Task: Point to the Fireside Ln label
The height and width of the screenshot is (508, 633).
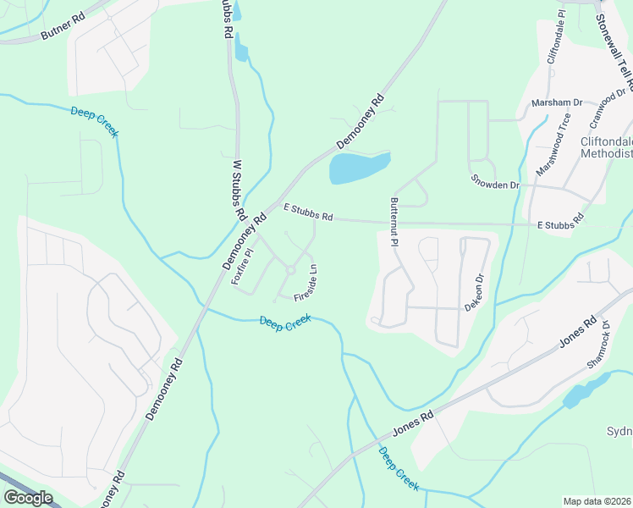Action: (305, 284)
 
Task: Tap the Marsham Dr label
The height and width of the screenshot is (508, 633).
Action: (557, 102)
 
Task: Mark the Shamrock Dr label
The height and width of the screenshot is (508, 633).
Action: (599, 345)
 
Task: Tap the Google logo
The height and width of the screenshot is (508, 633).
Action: (28, 497)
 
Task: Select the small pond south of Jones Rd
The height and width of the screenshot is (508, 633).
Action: (578, 393)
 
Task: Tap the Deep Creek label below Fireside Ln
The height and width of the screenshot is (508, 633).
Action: (285, 323)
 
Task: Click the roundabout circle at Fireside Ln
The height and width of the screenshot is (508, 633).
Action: (289, 271)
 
